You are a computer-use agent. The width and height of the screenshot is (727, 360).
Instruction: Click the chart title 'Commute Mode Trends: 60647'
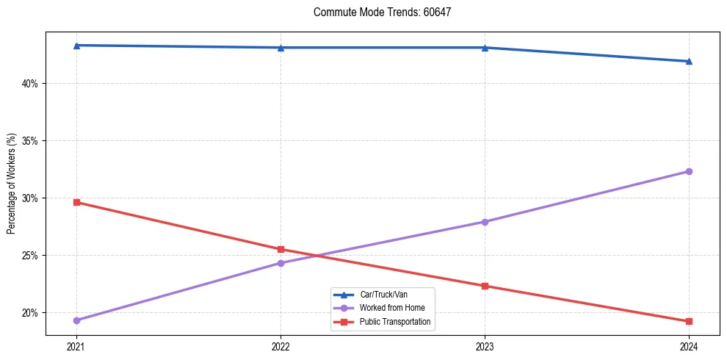tap(387, 12)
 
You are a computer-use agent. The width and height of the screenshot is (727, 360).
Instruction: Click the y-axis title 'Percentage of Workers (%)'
tap(12, 184)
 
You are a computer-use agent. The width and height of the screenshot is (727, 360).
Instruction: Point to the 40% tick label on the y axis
tap(29, 84)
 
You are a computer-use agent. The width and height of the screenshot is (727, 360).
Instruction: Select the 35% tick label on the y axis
tap(29, 141)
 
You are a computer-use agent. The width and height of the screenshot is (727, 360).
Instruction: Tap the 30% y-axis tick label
tap(29, 198)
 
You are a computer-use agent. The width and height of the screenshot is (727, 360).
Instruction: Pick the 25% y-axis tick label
tap(29, 256)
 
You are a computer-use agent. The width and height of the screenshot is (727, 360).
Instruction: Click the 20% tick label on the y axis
tap(29, 313)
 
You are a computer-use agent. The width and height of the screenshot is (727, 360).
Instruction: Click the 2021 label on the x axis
tap(76, 346)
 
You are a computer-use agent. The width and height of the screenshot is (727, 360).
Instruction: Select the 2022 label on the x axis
tap(281, 346)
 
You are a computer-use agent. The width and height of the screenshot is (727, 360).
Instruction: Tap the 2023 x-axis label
tap(485, 346)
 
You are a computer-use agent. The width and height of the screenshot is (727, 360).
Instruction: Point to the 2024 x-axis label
tap(689, 346)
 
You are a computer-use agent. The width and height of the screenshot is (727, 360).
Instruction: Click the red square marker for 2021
tap(76, 202)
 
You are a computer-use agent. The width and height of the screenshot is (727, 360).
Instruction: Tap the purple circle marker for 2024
tap(689, 171)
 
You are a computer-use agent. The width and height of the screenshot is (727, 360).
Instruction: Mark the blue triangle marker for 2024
tap(689, 61)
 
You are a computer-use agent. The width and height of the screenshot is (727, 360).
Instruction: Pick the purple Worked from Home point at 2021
tap(76, 320)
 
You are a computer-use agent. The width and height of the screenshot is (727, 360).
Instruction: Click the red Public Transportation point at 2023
tap(485, 286)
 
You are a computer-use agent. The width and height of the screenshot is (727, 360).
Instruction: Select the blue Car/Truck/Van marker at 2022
tap(281, 48)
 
